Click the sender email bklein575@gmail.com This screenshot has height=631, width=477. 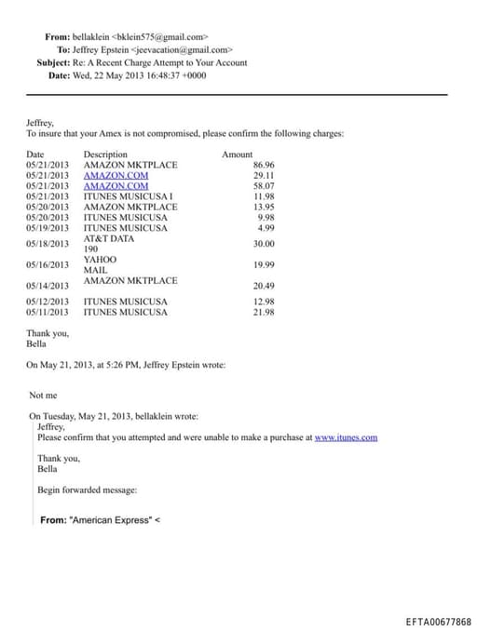169,36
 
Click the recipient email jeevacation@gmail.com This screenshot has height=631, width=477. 183,49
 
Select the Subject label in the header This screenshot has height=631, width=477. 53,62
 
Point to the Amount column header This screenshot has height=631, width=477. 237,154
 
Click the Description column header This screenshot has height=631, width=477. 105,154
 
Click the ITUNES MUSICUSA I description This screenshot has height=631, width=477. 129,196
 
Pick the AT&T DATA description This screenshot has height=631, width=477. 109,238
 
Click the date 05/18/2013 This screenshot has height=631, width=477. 48,244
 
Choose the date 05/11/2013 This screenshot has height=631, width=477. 48,312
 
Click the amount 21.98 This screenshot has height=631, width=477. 264,312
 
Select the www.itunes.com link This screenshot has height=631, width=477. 346,437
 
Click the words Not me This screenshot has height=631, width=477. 43,396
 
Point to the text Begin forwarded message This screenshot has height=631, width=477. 87,490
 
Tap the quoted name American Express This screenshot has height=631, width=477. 113,520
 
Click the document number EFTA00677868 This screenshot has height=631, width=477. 438,622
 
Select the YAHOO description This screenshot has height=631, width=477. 101,259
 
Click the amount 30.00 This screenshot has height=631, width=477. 264,244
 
